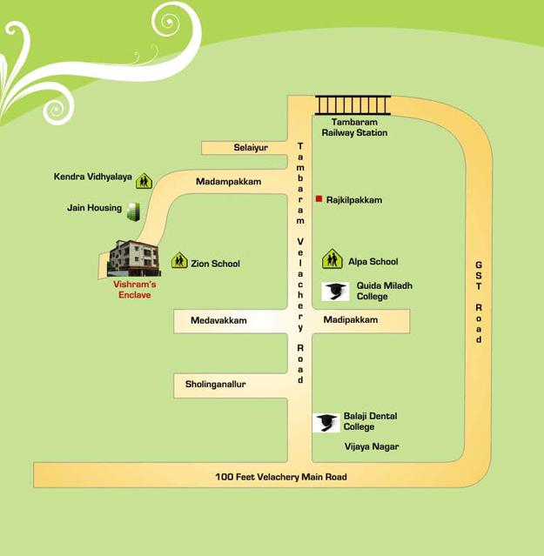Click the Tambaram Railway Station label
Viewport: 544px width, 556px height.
(354, 128)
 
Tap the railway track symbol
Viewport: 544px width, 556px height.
(353, 105)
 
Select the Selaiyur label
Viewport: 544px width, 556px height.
(251, 148)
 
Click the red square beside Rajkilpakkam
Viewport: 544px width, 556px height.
(319, 199)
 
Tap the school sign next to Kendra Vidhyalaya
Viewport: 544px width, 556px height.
(144, 180)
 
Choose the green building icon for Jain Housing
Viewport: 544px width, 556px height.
(133, 210)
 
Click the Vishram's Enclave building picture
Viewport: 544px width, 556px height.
(133, 258)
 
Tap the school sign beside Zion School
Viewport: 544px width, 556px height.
(178, 260)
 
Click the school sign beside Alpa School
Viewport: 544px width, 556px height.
(332, 258)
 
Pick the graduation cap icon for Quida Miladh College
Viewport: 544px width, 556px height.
(335, 291)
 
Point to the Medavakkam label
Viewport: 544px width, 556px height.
(218, 321)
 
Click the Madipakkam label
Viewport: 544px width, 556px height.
(351, 320)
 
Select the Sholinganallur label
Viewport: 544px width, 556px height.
(216, 384)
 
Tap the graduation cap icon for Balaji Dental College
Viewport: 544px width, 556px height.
(326, 422)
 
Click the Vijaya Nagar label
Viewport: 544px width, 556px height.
(372, 446)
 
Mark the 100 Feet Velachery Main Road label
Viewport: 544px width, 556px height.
(281, 477)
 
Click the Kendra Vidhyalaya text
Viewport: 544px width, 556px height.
(93, 178)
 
